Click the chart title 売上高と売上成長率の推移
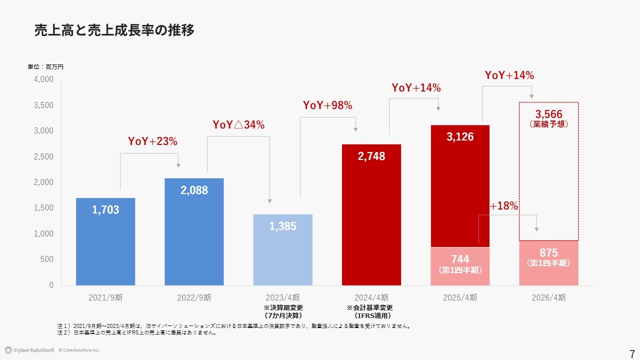(114, 30)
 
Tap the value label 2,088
(194, 190)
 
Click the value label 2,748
(371, 156)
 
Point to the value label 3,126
(460, 137)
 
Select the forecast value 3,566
(548, 114)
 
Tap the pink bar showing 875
(548, 262)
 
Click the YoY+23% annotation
(152, 141)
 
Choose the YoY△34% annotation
(238, 124)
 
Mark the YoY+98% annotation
(327, 105)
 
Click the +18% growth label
(503, 206)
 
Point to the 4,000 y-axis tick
(43, 79)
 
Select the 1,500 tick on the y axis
(43, 208)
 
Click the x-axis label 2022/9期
(194, 297)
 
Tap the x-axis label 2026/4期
(548, 297)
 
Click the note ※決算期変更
(283, 307)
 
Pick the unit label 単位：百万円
(45, 66)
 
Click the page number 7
(632, 351)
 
